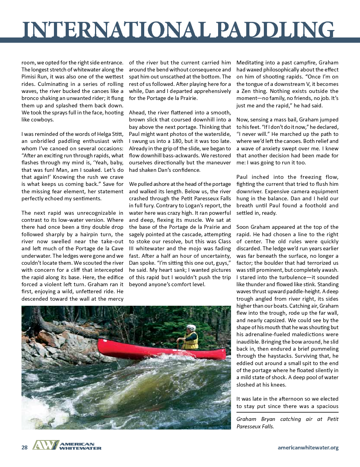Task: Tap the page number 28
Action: [x=24, y=447]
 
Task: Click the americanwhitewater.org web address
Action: [x=308, y=447]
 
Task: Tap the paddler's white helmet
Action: [x=191, y=328]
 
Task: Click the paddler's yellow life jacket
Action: [x=190, y=341]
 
